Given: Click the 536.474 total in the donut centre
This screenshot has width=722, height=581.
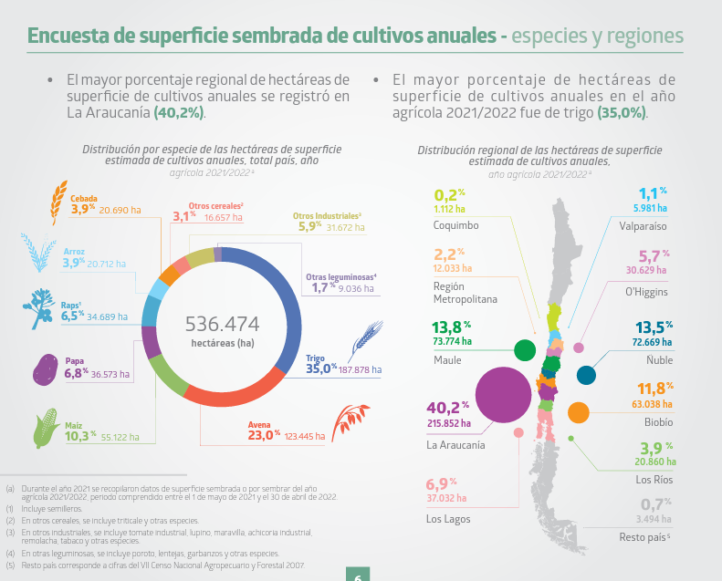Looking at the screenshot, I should point(222,324).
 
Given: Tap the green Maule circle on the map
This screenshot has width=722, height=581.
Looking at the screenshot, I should point(525,349).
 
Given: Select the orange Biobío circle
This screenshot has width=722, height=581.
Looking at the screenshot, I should point(578,412).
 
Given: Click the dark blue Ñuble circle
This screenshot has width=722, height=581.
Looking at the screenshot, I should point(586,374).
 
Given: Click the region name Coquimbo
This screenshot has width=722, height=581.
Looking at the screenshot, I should point(456,224).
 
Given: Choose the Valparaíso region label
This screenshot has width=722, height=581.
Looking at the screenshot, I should point(643,223).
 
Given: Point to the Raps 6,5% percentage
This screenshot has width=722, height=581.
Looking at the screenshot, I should point(73,316).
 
